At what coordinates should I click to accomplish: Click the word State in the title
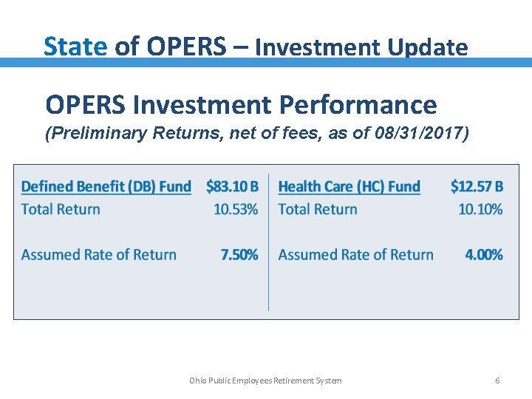75,47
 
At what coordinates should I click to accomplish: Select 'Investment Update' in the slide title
361,47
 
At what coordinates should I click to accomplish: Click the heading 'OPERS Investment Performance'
241,105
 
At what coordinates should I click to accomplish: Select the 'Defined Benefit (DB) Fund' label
106,187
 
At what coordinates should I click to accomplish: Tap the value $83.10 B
232,187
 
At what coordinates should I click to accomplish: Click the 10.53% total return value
236,209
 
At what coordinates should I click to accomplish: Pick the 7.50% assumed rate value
239,255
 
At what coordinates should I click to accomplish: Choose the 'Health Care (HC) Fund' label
349,187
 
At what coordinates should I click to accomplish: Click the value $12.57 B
477,187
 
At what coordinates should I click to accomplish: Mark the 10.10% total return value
480,209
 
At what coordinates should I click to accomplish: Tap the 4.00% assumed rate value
484,255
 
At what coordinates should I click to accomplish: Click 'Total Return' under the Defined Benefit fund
61,209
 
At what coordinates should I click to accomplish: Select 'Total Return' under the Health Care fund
318,209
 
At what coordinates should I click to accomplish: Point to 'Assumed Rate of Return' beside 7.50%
99,255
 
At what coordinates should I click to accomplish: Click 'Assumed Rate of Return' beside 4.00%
355,255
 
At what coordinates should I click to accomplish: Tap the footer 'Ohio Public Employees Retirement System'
265,381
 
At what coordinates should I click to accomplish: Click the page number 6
497,381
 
